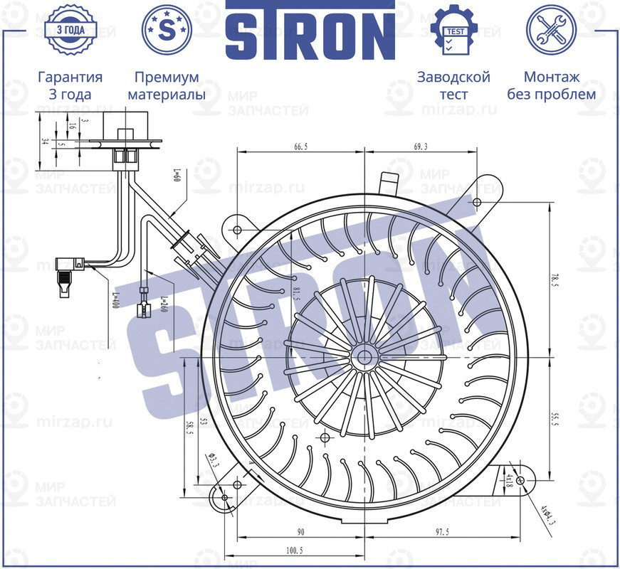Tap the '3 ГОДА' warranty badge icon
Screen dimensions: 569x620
[70, 30]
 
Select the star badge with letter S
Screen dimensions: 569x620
[167, 30]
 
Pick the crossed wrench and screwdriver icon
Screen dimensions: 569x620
[550, 30]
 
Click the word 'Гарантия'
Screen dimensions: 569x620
[70, 78]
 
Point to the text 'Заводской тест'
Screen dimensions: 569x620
[453, 85]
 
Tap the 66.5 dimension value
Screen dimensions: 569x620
[300, 146]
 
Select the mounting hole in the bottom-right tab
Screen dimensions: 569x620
[521, 482]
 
